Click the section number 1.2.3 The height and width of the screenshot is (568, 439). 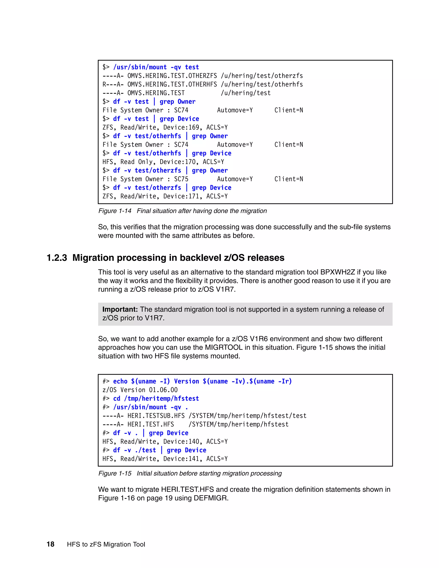(x=57, y=258)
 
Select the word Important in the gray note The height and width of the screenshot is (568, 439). (x=120, y=309)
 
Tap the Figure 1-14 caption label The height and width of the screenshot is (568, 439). (x=115, y=211)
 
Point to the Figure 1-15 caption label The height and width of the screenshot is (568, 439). (x=115, y=473)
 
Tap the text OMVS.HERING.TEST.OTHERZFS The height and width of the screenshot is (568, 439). (x=172, y=76)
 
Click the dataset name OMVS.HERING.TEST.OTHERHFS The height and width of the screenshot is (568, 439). (x=172, y=84)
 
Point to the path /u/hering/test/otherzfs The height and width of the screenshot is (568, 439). (x=262, y=76)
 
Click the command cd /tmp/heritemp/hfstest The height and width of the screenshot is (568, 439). (x=156, y=399)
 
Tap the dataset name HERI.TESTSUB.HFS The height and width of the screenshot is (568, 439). (x=156, y=416)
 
